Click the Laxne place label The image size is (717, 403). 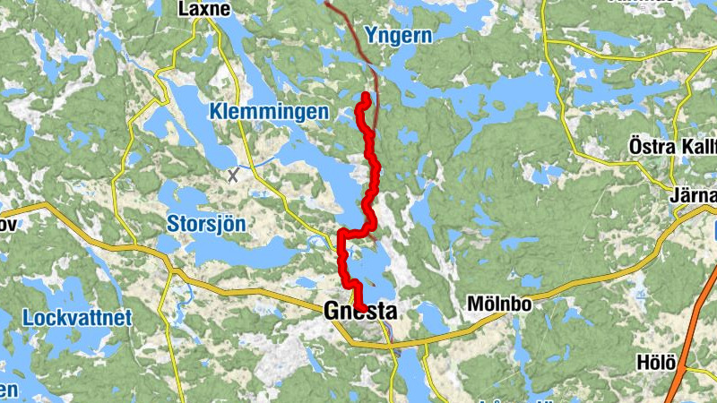tap(205, 10)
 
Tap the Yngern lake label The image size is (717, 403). tap(398, 37)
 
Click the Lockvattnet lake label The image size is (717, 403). tap(77, 317)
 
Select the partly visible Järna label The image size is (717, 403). tap(692, 196)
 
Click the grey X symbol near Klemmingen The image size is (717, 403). tap(234, 175)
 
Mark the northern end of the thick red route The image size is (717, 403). tap(367, 97)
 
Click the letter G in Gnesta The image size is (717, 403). tap(330, 312)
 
